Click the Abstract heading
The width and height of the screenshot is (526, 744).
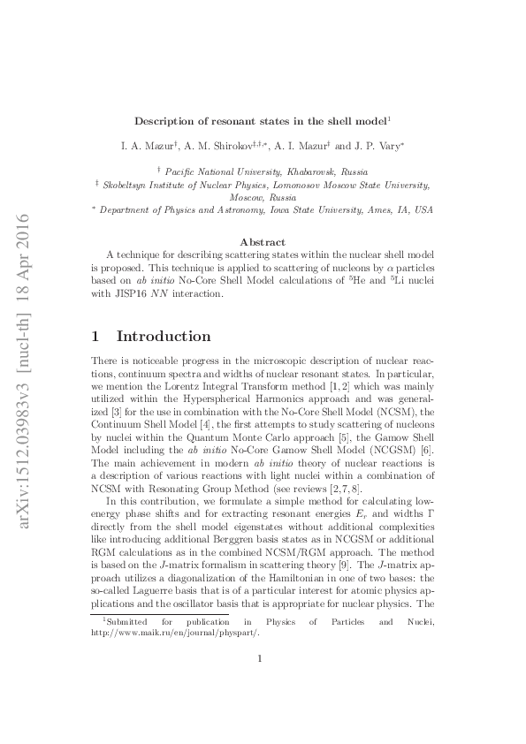(x=263, y=241)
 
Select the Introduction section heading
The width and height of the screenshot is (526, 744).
(x=164, y=337)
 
